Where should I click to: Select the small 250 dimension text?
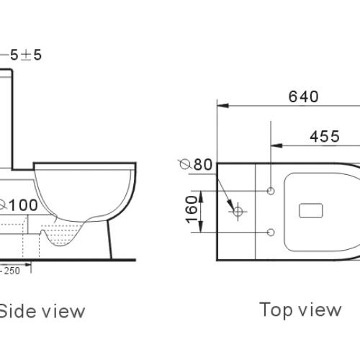tap(10, 271)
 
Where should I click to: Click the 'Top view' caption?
tap(300, 310)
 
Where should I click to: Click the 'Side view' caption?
tap(42, 311)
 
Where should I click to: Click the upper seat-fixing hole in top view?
tap(271, 191)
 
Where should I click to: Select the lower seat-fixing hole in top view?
tap(271, 232)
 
